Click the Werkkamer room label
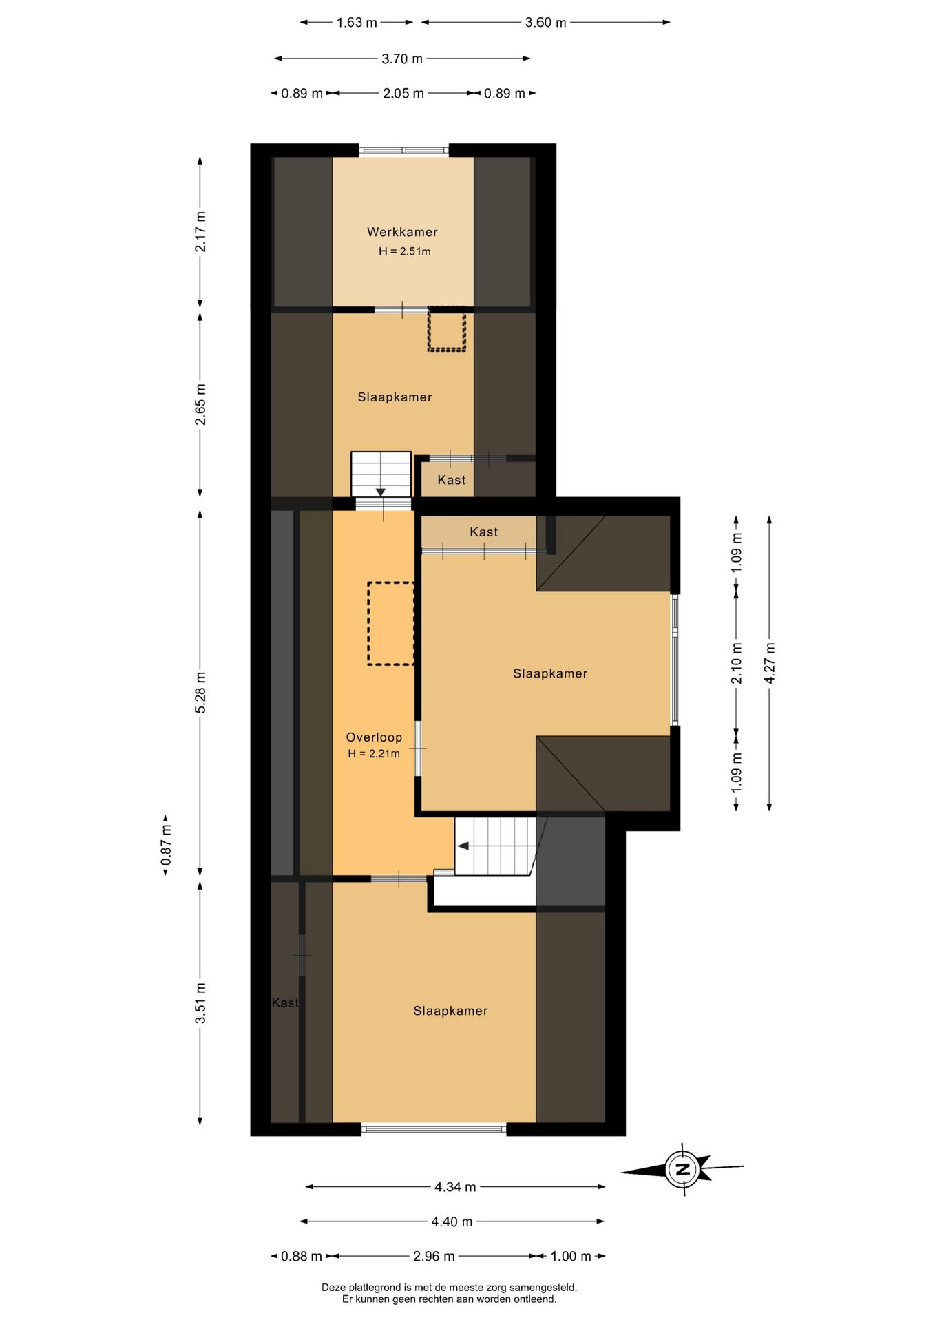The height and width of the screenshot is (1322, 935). [402, 232]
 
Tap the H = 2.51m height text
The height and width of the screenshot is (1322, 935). [405, 251]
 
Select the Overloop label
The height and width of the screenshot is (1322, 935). [374, 737]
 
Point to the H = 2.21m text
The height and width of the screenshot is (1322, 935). [374, 754]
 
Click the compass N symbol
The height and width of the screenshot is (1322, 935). [683, 1169]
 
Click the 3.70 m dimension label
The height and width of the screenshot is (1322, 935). [402, 59]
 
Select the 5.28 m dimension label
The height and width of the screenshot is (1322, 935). [200, 692]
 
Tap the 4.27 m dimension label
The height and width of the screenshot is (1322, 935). [770, 662]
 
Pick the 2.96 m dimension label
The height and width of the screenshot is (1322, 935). [434, 1257]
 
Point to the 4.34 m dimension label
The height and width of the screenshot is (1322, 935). [455, 1187]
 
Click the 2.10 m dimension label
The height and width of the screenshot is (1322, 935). [737, 662]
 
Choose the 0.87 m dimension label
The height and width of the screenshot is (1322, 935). [166, 845]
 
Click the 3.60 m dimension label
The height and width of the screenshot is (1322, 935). [545, 23]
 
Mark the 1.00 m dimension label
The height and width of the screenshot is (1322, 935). [571, 1257]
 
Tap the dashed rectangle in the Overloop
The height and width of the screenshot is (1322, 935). [391, 624]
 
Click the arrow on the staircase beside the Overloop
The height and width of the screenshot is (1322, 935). [463, 846]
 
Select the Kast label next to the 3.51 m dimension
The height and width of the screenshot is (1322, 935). [285, 1003]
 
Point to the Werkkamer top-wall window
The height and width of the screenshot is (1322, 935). [404, 150]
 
